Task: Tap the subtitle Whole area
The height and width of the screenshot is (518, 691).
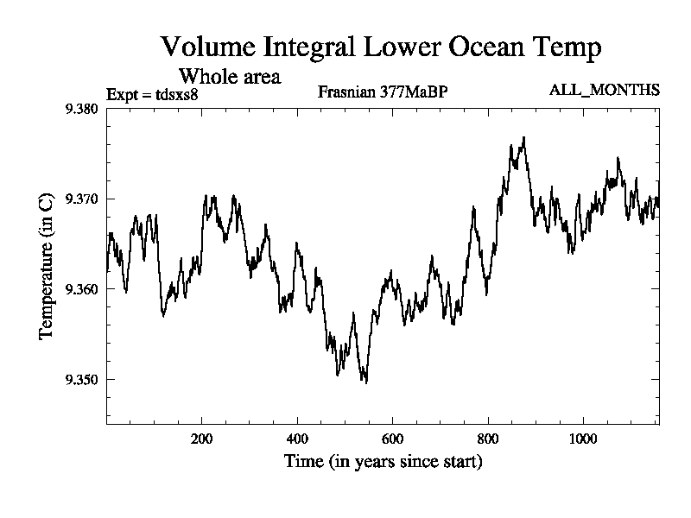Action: point(229,76)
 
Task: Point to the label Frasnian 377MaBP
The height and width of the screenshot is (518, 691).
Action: point(383,92)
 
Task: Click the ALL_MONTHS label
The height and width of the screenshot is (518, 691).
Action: point(605,90)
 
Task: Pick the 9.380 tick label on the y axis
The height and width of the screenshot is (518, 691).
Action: point(82,109)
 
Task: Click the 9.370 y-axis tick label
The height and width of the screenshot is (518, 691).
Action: point(82,199)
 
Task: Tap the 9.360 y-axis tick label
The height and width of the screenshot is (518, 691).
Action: point(82,289)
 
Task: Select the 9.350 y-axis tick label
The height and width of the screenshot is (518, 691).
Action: point(82,380)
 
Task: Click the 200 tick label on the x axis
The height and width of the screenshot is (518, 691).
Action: point(202,438)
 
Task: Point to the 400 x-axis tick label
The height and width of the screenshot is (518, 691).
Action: point(297,438)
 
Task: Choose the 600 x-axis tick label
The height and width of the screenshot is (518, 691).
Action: point(392,438)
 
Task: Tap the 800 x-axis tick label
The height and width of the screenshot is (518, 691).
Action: point(488,438)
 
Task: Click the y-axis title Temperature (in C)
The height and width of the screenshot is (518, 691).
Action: point(48,266)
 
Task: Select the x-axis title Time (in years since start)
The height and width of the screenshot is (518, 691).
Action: point(383,462)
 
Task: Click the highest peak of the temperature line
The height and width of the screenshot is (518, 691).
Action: point(523,137)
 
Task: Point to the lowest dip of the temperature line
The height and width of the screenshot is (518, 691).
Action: point(366,382)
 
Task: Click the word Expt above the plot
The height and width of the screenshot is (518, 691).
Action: point(122,94)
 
